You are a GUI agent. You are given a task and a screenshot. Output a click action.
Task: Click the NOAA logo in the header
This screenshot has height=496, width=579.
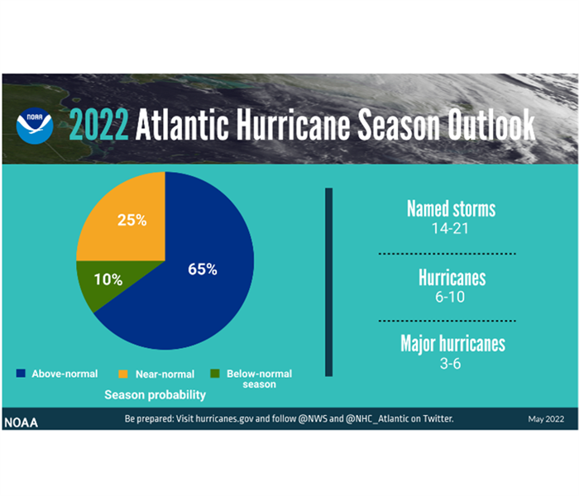point(35,126)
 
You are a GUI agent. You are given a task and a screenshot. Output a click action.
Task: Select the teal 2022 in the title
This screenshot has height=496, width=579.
point(98,125)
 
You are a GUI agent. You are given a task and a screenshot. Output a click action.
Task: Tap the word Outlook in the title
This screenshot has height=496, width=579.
point(491,124)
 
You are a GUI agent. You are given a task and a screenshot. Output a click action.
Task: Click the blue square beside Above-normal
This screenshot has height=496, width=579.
point(21,374)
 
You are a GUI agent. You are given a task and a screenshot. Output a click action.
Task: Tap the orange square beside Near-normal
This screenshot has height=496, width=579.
point(123,374)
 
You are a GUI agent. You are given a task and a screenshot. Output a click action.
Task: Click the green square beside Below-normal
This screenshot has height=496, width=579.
point(215,374)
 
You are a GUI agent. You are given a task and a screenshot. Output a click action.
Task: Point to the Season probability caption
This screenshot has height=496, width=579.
point(156,395)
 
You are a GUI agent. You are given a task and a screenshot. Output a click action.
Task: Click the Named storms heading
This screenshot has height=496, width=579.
point(452,209)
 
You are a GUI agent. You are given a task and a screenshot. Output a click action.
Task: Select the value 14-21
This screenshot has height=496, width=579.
point(450,229)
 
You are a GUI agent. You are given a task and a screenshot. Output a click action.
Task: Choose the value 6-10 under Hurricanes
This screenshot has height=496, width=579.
point(450,297)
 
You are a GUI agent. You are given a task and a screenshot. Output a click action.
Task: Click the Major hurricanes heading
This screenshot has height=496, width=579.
point(452,344)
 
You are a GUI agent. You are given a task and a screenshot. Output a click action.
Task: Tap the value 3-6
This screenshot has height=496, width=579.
point(450,364)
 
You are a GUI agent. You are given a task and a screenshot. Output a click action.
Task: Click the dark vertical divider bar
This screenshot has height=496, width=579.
point(329,283)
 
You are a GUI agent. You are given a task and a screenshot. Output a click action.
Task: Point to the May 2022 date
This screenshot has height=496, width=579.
point(546,419)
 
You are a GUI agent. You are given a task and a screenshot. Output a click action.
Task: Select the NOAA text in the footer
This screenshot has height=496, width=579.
point(21,422)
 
